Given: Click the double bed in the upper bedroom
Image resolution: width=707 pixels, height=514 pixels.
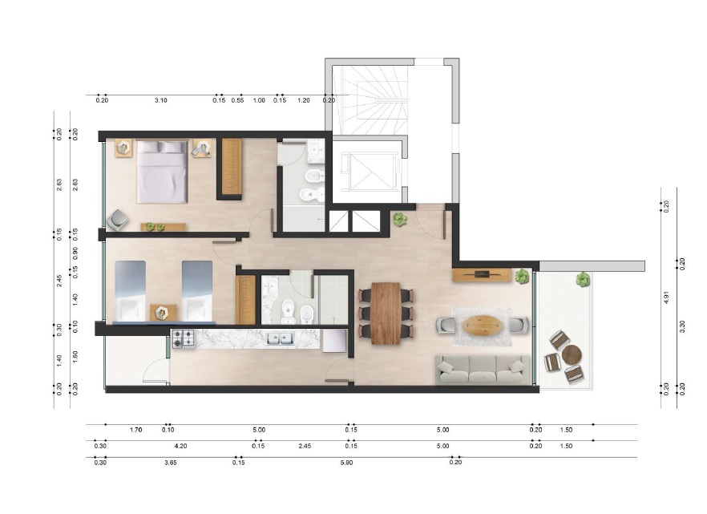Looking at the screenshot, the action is (x=162, y=172).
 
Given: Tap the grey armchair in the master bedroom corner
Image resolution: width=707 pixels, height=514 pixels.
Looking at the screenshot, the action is (x=117, y=220).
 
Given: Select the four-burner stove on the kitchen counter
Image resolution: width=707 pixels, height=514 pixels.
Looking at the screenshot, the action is (x=184, y=338).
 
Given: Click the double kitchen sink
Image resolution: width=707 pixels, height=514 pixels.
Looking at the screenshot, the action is (x=280, y=338).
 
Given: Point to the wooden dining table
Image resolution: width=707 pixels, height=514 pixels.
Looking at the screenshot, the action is (x=386, y=313).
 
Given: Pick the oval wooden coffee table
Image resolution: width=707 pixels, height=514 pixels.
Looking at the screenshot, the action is (x=482, y=325).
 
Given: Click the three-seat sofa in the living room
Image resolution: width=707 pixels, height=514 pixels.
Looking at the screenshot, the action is (x=482, y=370).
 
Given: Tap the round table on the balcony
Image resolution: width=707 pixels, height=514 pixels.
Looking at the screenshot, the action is (x=572, y=355).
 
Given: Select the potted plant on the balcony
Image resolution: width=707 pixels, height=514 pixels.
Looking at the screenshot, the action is (x=583, y=280).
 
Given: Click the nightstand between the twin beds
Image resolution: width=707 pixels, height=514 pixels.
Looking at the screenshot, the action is (x=162, y=313).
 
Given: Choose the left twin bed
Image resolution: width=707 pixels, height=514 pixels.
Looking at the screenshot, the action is (x=131, y=292).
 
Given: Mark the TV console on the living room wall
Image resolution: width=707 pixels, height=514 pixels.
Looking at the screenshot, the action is (x=482, y=275).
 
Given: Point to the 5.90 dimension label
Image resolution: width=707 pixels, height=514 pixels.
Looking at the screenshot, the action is (x=347, y=463).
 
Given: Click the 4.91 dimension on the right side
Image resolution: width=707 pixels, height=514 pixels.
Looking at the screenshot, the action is (x=666, y=298).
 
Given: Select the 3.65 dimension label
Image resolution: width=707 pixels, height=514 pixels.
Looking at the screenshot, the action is (x=171, y=463).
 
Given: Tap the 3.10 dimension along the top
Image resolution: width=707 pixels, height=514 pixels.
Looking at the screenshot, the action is (x=161, y=100).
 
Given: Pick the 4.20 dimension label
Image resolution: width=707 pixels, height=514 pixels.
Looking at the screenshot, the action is (x=180, y=446).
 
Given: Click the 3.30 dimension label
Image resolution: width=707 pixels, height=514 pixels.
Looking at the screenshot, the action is (x=682, y=326).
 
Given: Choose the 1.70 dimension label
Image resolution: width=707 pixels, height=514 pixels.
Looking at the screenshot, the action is (x=135, y=430).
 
